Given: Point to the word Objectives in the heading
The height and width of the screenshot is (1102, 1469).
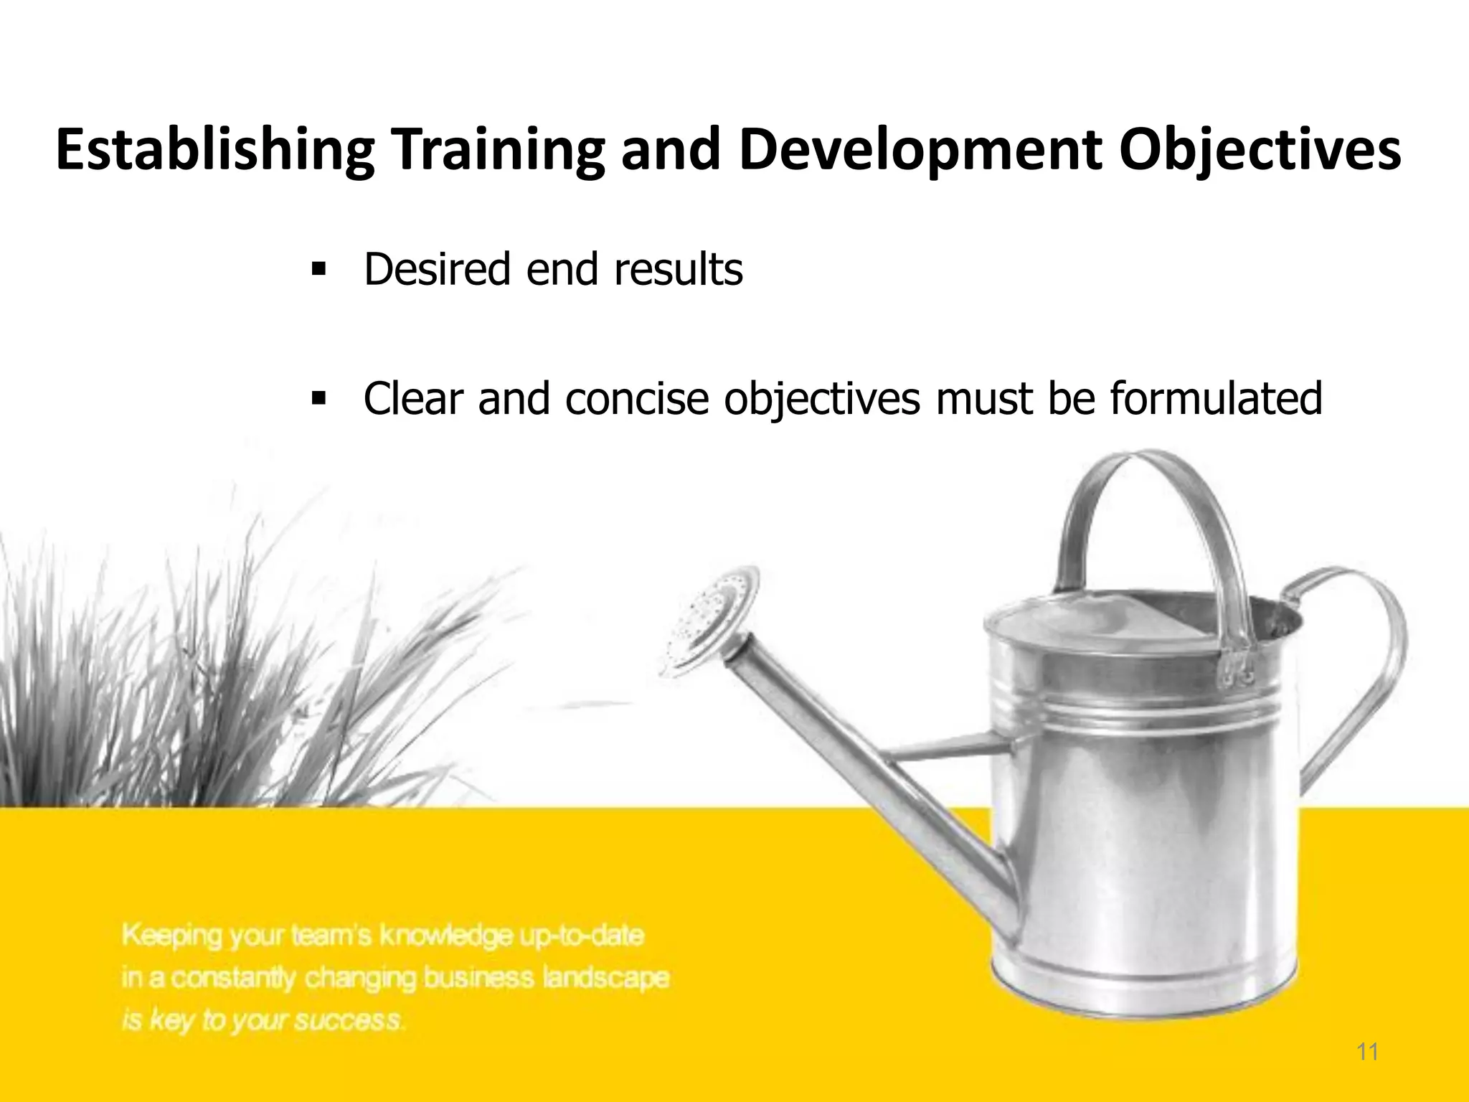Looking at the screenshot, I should (1260, 151).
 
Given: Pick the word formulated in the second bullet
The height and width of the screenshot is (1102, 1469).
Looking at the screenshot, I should (1216, 399).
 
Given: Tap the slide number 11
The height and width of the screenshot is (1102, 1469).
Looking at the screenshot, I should (1367, 1052).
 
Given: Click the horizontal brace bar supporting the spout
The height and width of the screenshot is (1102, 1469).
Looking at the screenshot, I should (947, 750).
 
